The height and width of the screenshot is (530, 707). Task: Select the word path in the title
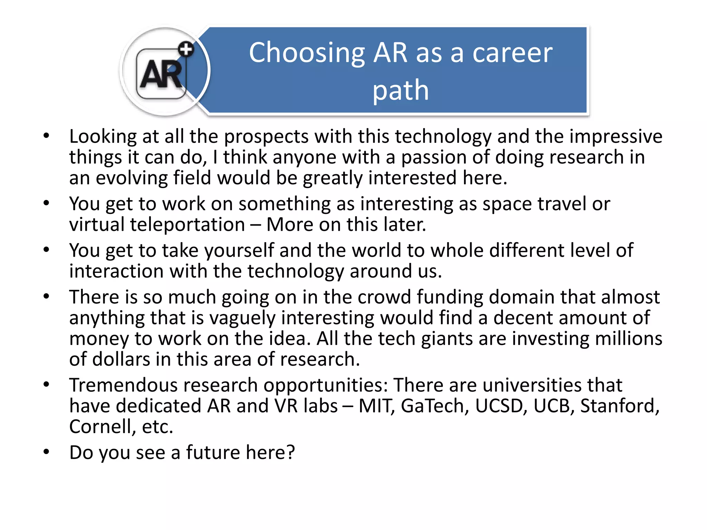pos(400,90)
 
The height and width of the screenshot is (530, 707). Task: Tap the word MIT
pos(376,406)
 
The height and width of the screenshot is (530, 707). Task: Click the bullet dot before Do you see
pos(47,452)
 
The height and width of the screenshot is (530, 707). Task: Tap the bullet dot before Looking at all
pos(47,136)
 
